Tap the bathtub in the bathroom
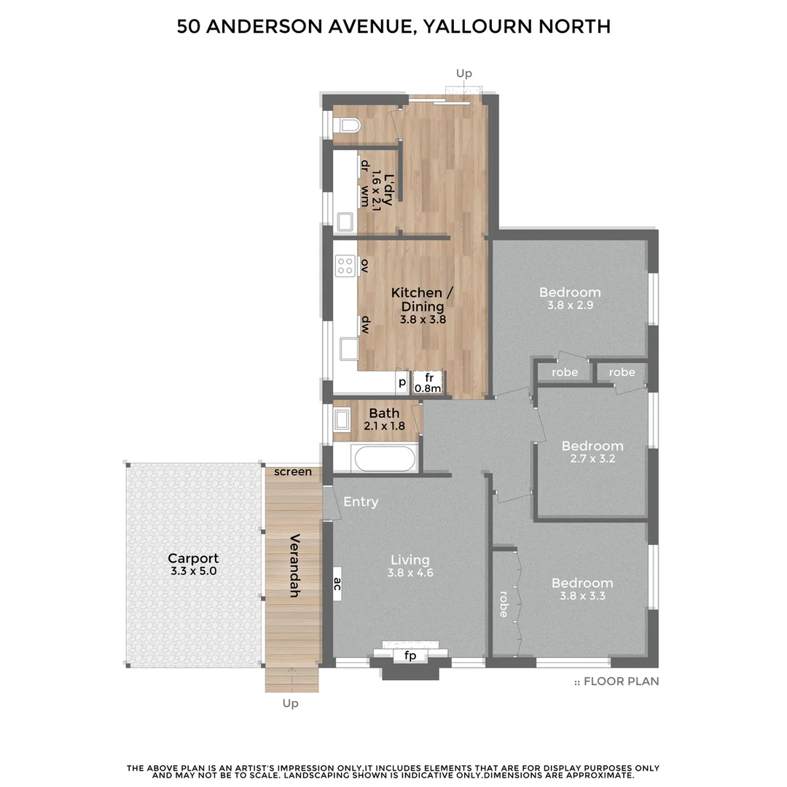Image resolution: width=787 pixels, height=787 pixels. click(x=383, y=459)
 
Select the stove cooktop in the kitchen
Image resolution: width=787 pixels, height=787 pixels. click(x=345, y=265)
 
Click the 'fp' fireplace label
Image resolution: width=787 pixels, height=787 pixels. click(x=410, y=656)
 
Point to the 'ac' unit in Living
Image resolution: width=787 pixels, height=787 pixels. click(x=337, y=584)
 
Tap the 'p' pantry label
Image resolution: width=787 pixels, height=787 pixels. click(x=401, y=381)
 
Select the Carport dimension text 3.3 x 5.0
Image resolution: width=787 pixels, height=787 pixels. click(x=193, y=572)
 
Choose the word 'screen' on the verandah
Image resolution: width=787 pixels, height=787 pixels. click(x=293, y=471)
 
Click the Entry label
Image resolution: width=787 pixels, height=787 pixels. click(x=361, y=501)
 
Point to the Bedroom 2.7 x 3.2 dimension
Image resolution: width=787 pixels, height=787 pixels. click(x=592, y=459)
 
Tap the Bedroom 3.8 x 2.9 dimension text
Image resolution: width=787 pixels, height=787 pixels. click(x=570, y=306)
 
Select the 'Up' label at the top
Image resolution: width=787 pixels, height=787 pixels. click(x=463, y=73)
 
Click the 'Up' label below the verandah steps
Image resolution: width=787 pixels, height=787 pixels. click(x=290, y=703)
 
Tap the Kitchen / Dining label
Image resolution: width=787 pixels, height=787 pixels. click(x=422, y=299)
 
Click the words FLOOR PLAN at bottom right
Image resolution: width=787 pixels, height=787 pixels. click(x=621, y=682)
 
